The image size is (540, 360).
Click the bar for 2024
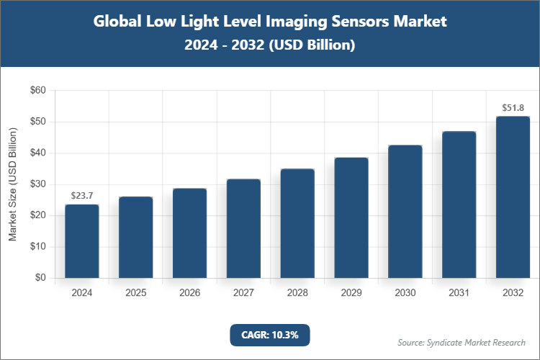pyautogui.click(x=82, y=241)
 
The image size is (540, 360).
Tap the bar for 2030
pyautogui.click(x=405, y=212)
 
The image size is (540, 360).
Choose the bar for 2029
pyautogui.click(x=351, y=217)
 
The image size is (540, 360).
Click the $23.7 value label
pyautogui.click(x=82, y=195)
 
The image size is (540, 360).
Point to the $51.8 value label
pyautogui.click(x=513, y=107)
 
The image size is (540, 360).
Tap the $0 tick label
pyautogui.click(x=41, y=278)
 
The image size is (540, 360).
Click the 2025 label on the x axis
pyautogui.click(x=136, y=293)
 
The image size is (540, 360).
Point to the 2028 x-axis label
pyautogui.click(x=297, y=293)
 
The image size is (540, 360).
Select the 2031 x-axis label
pyautogui.click(x=459, y=293)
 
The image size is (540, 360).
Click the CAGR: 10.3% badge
pyautogui.click(x=270, y=335)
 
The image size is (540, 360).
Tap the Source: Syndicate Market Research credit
pyautogui.click(x=462, y=342)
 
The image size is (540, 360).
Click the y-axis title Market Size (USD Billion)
pyautogui.click(x=12, y=184)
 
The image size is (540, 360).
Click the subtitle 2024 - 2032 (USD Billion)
pyautogui.click(x=270, y=45)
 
